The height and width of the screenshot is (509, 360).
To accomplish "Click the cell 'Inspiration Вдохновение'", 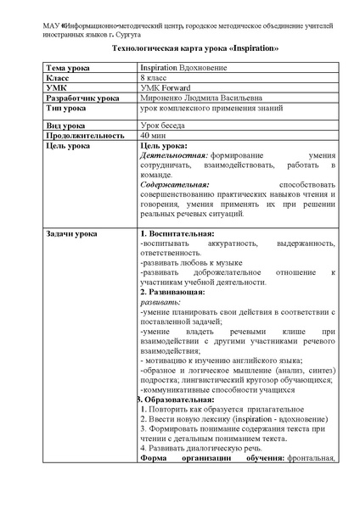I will coord(188,67).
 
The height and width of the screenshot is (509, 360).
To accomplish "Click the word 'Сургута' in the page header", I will coord(124,26).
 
